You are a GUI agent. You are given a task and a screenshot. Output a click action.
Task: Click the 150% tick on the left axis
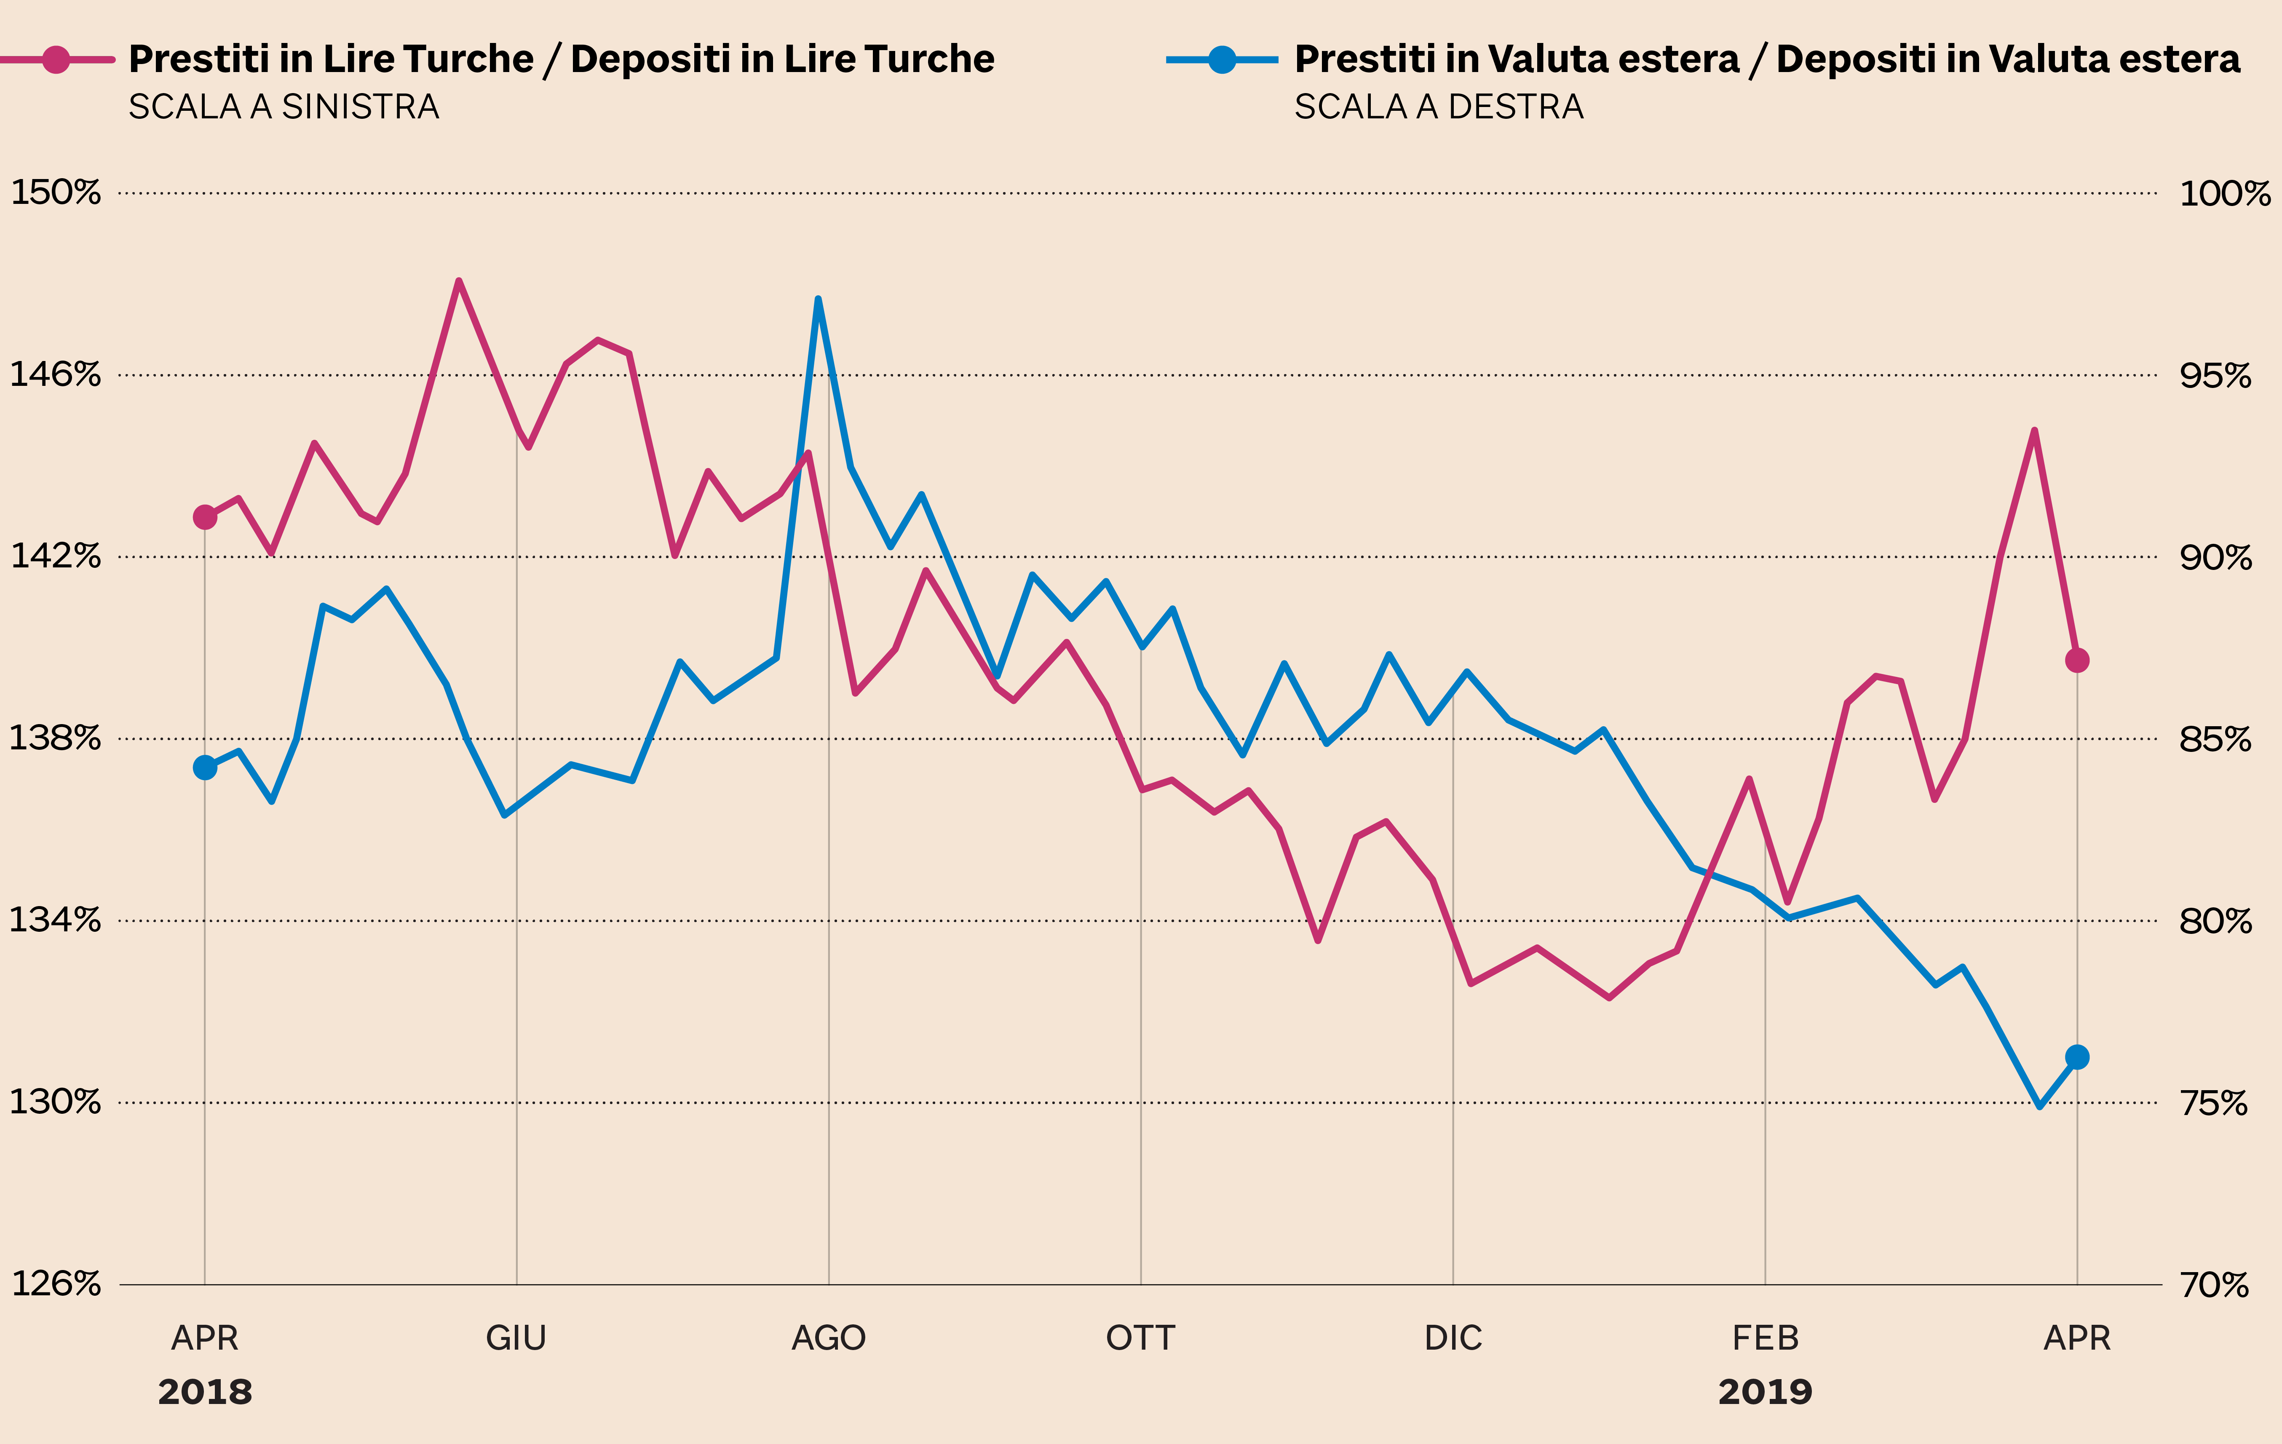click(55, 193)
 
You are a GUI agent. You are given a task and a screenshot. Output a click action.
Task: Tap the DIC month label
click(1453, 1338)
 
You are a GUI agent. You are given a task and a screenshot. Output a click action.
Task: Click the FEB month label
click(1765, 1338)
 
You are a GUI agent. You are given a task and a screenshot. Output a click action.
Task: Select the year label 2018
click(205, 1392)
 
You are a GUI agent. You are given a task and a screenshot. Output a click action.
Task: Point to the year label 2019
click(1765, 1392)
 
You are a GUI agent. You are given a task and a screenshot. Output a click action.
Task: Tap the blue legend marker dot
click(1223, 60)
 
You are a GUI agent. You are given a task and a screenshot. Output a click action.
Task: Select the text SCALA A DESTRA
click(1439, 107)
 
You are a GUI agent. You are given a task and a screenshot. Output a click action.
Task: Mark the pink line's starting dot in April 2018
click(205, 516)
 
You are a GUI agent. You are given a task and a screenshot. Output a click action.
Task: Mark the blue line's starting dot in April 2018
click(205, 767)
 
